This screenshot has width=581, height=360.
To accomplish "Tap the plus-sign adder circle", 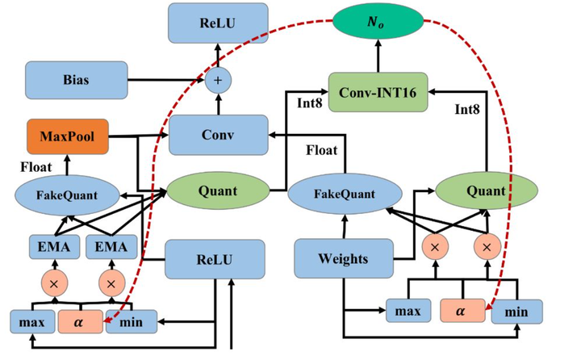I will click(216, 81).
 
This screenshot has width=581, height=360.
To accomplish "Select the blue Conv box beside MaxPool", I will click(217, 135).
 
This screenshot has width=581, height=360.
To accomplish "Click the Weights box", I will click(342, 259).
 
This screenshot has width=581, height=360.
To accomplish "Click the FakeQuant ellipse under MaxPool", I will click(67, 195).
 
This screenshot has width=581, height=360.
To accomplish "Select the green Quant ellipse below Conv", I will click(216, 191).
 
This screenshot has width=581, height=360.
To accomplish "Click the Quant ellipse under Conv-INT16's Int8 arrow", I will click(484, 191).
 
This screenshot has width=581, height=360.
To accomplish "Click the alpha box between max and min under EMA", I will click(82, 321).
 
